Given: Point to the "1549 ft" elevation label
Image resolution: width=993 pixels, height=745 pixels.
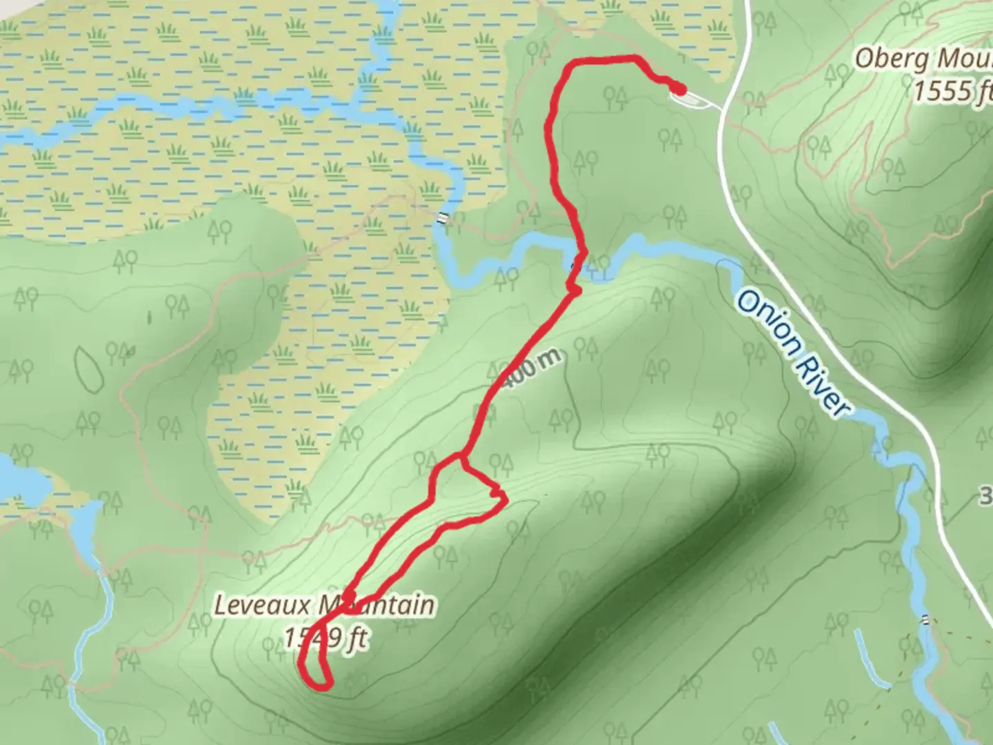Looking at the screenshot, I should pyautogui.click(x=325, y=639).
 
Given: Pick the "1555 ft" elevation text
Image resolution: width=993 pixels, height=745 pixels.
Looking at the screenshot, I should pyautogui.click(x=952, y=90).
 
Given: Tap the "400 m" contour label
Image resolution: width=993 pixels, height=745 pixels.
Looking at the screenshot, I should pyautogui.click(x=531, y=370).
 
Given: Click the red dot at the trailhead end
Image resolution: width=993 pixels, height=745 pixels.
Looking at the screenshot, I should pyautogui.click(x=679, y=89).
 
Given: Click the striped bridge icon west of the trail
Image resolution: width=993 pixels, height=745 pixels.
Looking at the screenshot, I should pyautogui.click(x=441, y=219).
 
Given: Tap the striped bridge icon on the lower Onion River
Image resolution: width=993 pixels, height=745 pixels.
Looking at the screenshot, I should pyautogui.click(x=925, y=619).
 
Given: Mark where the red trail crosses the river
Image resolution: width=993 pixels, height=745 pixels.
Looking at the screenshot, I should pyautogui.click(x=579, y=259).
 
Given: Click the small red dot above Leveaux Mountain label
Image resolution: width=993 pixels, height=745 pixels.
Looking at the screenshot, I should pyautogui.click(x=350, y=595).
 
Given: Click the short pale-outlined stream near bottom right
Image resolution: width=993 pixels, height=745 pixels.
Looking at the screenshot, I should pyautogui.click(x=866, y=655).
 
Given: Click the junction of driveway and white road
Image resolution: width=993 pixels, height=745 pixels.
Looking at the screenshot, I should pyautogui.click(x=721, y=108).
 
